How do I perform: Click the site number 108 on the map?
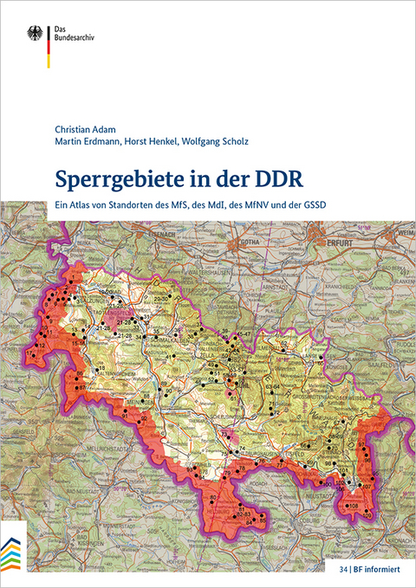tap(353, 505)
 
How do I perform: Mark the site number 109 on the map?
tap(368, 516)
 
